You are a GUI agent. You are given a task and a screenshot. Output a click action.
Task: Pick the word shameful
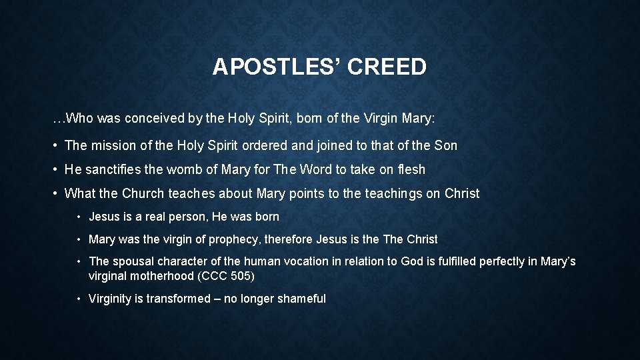301,299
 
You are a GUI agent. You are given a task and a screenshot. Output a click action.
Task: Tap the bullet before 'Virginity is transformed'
79,299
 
